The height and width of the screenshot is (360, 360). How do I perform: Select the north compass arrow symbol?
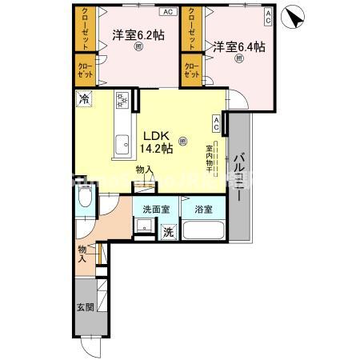pos(297,17)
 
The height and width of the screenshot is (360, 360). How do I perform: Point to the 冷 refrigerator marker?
pos(84,99)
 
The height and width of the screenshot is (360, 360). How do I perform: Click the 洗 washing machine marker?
pos(169,232)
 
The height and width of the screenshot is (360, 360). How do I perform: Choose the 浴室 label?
pos(202,210)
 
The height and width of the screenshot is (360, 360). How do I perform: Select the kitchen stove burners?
pos(122,101)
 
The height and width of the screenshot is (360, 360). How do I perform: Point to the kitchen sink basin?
pos(122,146)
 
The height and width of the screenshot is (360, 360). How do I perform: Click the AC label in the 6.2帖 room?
pos(167,13)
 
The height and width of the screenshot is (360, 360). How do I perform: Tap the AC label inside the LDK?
pos(217,122)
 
